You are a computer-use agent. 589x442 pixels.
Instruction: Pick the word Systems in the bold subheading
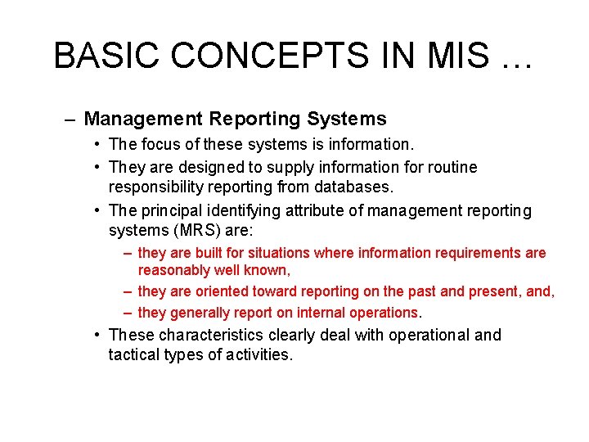coord(347,119)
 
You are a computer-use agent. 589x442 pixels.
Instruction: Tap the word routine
coord(447,167)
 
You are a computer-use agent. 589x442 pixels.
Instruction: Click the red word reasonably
coord(174,270)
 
